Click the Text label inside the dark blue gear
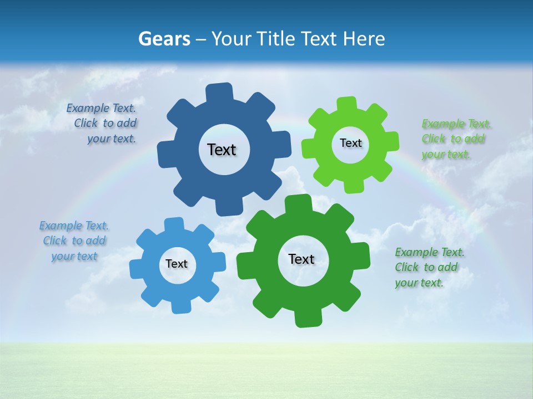(222, 150)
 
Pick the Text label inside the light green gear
(350, 143)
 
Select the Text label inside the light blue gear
(177, 264)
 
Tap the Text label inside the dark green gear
(301, 259)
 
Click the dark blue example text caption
(103, 123)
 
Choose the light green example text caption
(455, 139)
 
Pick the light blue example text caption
(74, 241)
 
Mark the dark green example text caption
(429, 267)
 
